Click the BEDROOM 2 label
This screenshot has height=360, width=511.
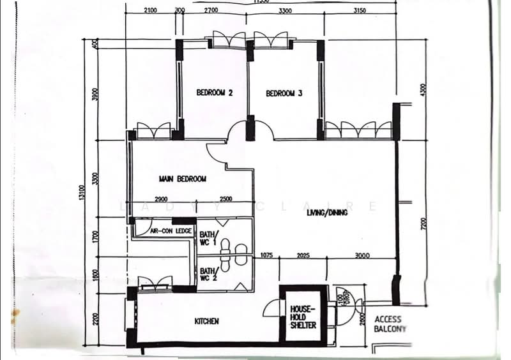[x=214, y=93]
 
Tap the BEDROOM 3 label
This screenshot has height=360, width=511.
[x=284, y=93]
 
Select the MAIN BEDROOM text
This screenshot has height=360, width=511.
[x=183, y=179]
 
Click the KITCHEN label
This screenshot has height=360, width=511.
[x=207, y=321]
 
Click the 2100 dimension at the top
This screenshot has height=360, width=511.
[x=151, y=11]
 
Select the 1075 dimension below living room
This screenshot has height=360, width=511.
[x=266, y=256]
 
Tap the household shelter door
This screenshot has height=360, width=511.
[x=273, y=310]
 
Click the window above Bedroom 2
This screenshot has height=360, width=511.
[x=229, y=40]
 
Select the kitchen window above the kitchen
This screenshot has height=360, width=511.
[x=155, y=281]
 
